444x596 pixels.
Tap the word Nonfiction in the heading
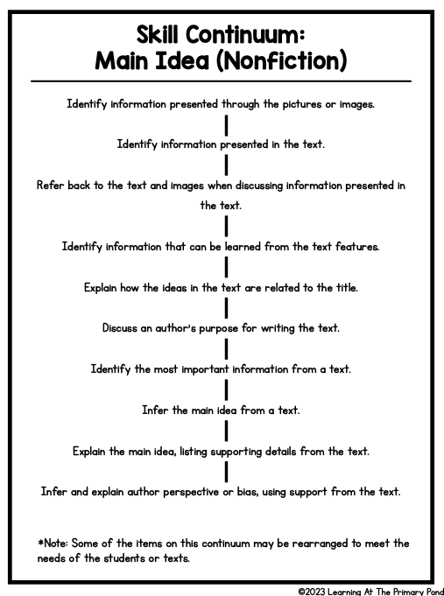click(281, 60)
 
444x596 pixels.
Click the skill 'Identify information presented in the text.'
click(221, 144)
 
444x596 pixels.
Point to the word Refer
click(50, 186)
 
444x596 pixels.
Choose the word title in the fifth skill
click(347, 288)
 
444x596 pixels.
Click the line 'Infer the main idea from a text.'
click(221, 410)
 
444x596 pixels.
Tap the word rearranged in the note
click(320, 543)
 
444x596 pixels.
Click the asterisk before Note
click(40, 542)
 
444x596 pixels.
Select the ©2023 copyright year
click(312, 592)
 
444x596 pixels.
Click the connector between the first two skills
click(226, 125)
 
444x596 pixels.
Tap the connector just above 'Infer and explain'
click(226, 472)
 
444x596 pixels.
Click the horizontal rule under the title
click(221, 81)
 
